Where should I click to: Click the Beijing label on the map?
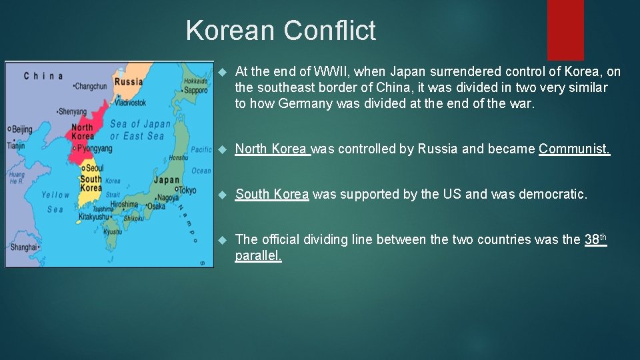(x=22, y=129)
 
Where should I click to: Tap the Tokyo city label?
(x=188, y=190)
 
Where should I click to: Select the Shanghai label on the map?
(x=23, y=247)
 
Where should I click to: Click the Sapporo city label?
(x=195, y=90)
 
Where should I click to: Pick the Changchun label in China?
(x=91, y=86)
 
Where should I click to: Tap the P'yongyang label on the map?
(x=94, y=148)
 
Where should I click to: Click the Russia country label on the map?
(x=129, y=82)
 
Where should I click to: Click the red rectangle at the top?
(x=565, y=30)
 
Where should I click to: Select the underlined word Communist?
(x=574, y=149)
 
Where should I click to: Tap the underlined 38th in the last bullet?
(x=595, y=239)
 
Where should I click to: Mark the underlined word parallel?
(x=258, y=256)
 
